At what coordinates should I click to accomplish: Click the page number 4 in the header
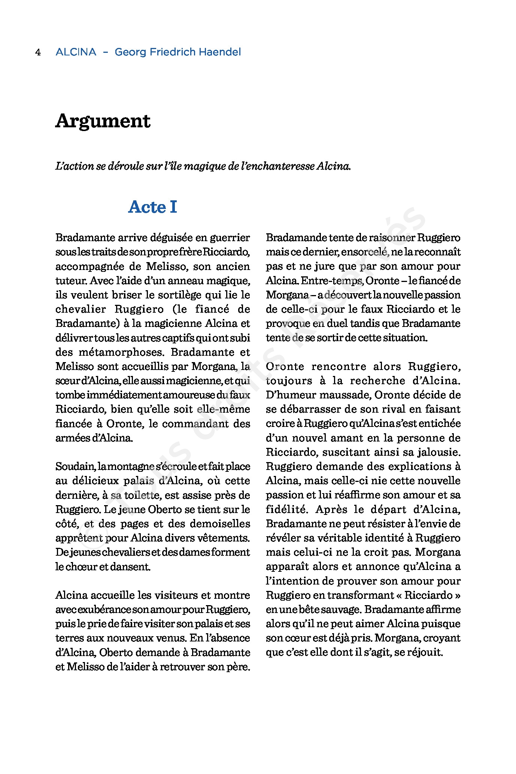(x=38, y=52)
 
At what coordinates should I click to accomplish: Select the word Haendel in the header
(x=220, y=52)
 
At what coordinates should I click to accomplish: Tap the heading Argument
(x=103, y=121)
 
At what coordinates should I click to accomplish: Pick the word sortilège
(x=173, y=295)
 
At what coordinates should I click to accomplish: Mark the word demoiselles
(x=220, y=524)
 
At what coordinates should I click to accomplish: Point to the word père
(x=238, y=667)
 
